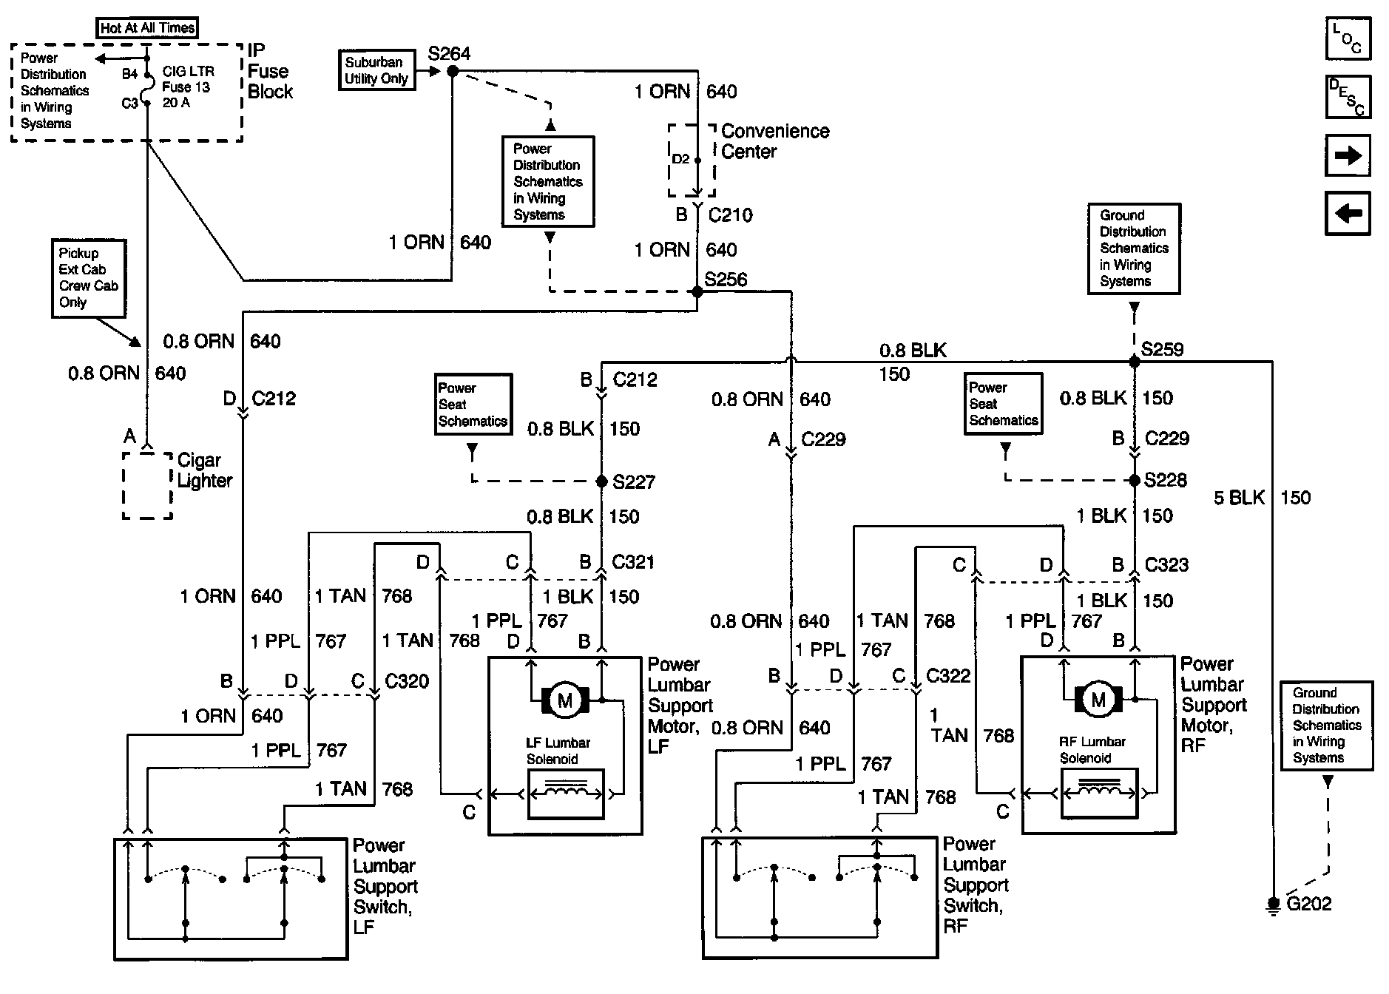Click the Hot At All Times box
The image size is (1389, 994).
pos(148,28)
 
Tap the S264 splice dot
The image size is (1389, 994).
pos(452,71)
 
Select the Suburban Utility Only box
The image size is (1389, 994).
pos(376,71)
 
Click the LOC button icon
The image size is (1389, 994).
pos(1348,38)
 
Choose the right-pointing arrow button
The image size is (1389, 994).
pos(1348,155)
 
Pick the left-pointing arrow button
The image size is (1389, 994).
pos(1348,213)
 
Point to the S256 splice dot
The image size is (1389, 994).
pos(697,291)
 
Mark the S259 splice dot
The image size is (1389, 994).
pos(1134,362)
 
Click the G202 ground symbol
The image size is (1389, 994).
pos(1273,905)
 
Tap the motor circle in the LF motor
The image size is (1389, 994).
pos(565,700)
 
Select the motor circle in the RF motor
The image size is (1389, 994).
pos(1098,700)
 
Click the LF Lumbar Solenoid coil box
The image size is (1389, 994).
pos(566,794)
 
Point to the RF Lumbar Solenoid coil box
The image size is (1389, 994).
pos(1098,793)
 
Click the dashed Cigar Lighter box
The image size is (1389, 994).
pos(147,485)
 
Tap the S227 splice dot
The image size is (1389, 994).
pos(602,481)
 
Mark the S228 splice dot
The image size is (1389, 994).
pos(1134,480)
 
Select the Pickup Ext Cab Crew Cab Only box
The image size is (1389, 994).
pos(88,278)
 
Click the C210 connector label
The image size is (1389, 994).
pos(730,215)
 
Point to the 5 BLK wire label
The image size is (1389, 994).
pos(1239,498)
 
